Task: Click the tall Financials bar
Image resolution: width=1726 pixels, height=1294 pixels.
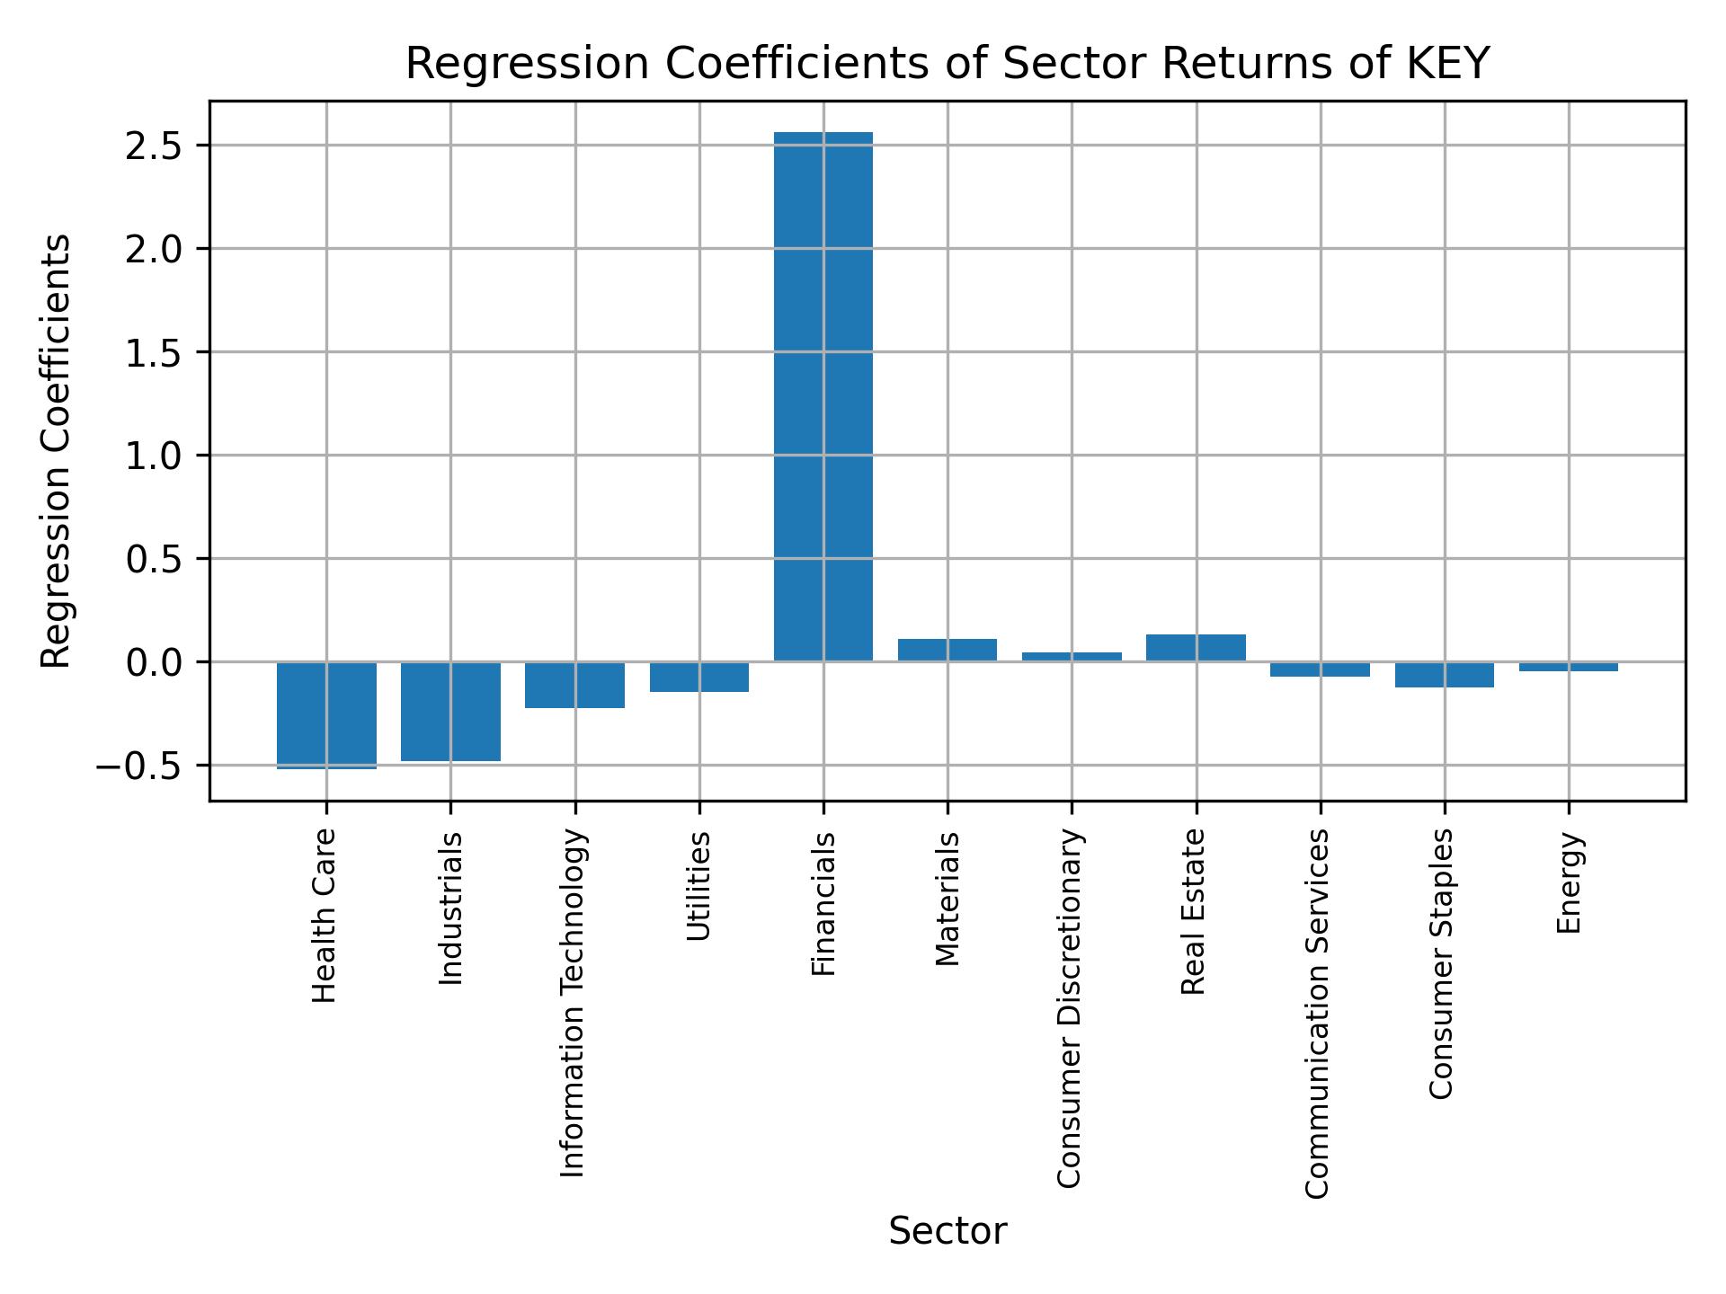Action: pos(823,396)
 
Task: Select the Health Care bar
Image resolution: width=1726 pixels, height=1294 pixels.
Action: pos(326,714)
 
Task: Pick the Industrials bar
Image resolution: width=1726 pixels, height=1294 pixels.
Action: pos(450,711)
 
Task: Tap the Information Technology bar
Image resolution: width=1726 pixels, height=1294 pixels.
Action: pos(574,685)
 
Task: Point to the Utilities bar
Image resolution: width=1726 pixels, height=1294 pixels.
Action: pos(699,677)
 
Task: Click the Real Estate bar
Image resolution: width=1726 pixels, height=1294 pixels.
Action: pos(1196,648)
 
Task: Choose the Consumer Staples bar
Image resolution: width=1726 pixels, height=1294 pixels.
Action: pos(1444,674)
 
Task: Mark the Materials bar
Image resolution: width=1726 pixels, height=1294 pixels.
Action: pos(948,650)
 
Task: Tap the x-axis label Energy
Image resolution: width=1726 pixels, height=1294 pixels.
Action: pos(1569,883)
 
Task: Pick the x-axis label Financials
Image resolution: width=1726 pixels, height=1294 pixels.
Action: pos(823,904)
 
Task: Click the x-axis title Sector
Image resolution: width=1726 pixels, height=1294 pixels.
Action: pos(948,1231)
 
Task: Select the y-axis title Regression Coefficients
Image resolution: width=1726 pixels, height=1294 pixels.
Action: pos(56,451)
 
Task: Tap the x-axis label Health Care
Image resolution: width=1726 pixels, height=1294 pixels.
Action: pos(325,916)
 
